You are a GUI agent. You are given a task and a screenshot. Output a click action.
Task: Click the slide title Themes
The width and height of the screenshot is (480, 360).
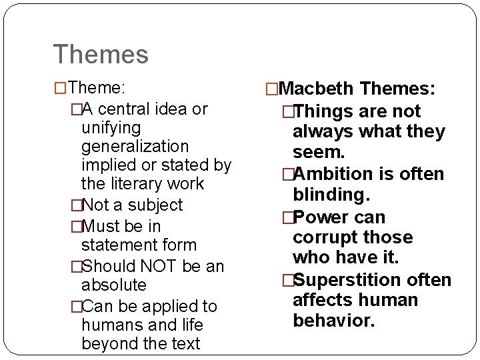[101, 54]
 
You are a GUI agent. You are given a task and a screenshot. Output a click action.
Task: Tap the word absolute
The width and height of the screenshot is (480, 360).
[113, 285]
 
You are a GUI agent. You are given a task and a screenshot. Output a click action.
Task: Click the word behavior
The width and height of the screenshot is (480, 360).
[334, 321]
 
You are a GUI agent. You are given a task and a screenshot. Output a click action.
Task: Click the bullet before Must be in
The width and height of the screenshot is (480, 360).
[75, 226]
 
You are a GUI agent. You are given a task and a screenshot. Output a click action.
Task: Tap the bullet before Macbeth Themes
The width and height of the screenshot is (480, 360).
[271, 89]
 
